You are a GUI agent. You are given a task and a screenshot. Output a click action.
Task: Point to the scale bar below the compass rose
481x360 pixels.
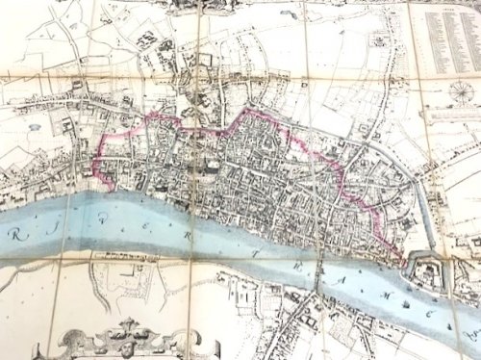coord(452,116)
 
